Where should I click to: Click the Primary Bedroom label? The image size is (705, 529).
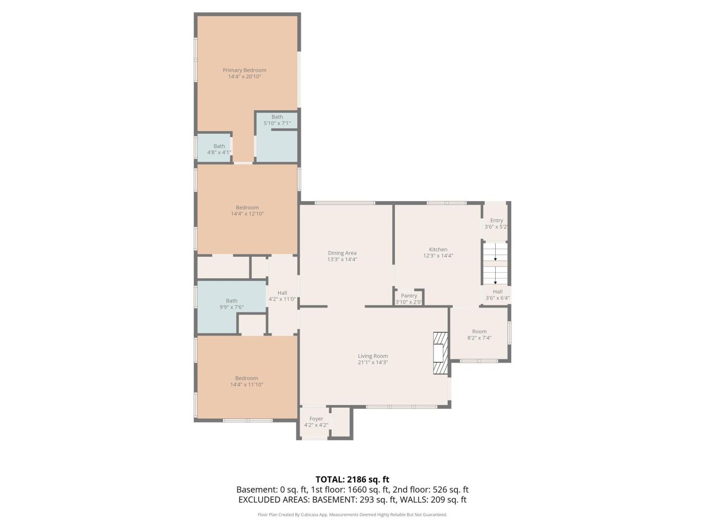point(245,70)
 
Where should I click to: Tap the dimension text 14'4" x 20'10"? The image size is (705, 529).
point(245,77)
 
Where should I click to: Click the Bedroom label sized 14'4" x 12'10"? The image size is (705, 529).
point(247,208)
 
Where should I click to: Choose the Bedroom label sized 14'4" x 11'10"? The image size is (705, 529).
point(247,378)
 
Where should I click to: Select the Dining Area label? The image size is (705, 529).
point(342,253)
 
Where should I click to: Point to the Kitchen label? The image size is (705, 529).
point(438,249)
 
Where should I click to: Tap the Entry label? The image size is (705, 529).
point(497,220)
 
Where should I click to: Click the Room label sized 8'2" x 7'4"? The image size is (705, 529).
point(479,332)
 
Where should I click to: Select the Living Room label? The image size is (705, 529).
point(373,356)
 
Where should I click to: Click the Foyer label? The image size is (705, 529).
point(316,419)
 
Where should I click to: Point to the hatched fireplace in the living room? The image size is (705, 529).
point(441,353)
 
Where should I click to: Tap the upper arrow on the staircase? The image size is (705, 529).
point(495,252)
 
